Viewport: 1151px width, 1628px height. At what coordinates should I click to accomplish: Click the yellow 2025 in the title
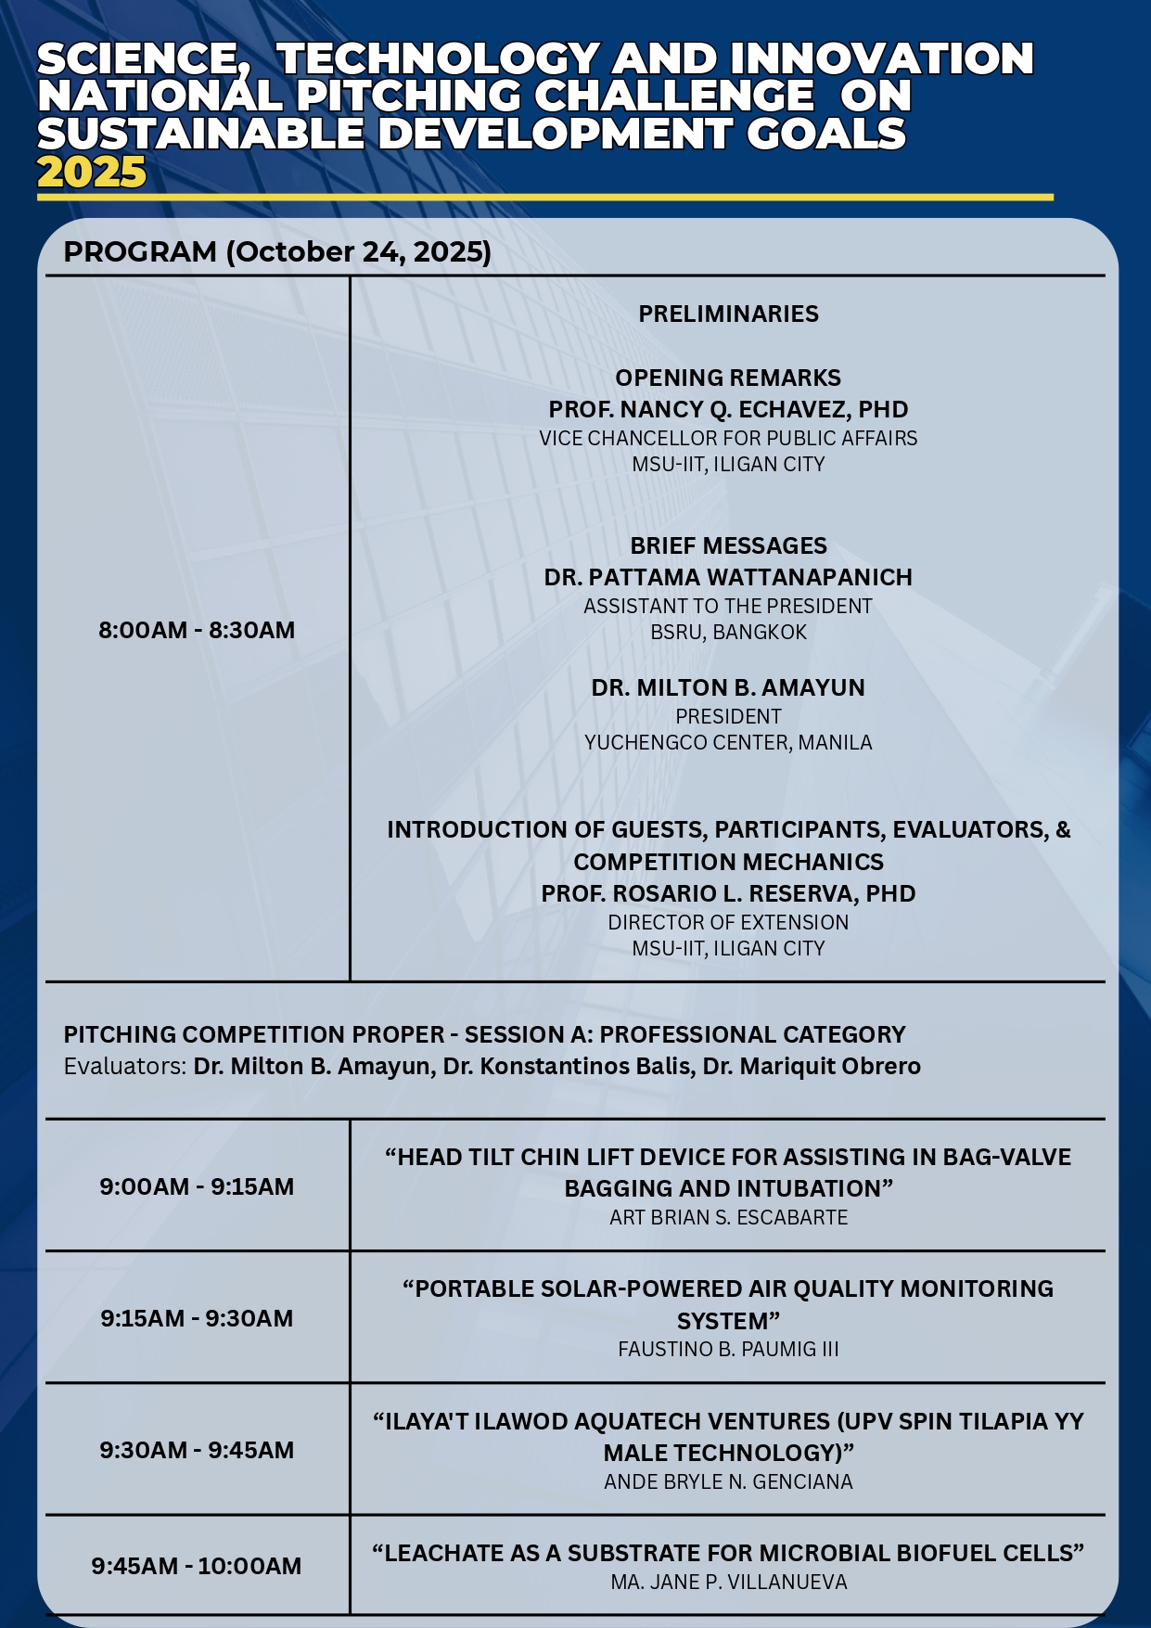pos(92,173)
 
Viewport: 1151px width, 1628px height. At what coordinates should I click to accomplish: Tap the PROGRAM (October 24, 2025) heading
pos(277,251)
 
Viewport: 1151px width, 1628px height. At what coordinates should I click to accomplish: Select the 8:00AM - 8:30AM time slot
pos(197,630)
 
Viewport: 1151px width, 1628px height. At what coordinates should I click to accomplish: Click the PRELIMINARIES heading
pos(728,314)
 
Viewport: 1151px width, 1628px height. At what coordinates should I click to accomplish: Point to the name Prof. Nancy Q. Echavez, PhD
pos(728,409)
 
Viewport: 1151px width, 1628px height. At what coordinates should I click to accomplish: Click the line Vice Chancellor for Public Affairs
pos(728,438)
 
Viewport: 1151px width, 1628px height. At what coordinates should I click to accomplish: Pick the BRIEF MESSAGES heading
pos(728,545)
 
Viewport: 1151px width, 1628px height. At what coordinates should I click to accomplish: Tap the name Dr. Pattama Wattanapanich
pos(728,577)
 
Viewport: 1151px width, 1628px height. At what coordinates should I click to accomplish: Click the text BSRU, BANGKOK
pos(728,632)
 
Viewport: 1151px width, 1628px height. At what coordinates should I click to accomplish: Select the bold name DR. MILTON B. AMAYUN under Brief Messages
pos(728,687)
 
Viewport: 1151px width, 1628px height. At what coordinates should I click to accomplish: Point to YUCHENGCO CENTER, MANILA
pos(728,742)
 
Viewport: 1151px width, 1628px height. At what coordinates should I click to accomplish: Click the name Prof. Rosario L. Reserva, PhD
pos(728,893)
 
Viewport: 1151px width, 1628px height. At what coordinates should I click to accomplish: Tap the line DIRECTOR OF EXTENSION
pos(728,922)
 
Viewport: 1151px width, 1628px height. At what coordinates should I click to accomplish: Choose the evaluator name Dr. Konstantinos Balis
pos(569,1066)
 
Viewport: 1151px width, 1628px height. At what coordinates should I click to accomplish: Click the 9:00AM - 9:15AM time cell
pos(197,1186)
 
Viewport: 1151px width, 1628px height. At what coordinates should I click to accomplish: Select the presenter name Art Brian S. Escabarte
pos(728,1217)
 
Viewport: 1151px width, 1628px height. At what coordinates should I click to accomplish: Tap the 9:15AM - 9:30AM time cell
pos(197,1318)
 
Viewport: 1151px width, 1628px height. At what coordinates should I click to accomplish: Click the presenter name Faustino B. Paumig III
pos(728,1349)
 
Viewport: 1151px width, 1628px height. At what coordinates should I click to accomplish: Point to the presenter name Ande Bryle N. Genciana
pos(728,1481)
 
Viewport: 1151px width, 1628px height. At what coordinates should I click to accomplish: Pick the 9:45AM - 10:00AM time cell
pos(197,1566)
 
